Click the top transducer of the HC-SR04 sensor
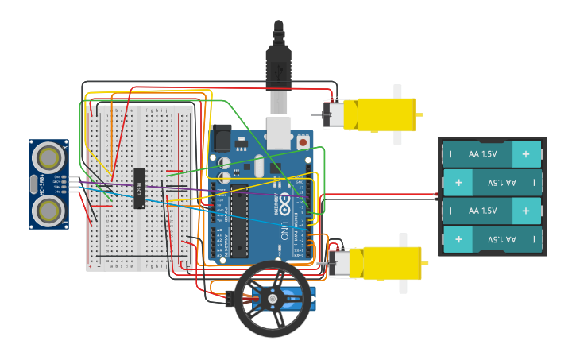(49, 157)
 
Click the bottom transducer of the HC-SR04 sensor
(49, 209)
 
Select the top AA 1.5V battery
(492, 154)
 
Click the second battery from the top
(492, 183)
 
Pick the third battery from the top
(492, 211)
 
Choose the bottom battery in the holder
(492, 239)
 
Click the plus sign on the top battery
(525, 154)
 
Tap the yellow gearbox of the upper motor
(387, 114)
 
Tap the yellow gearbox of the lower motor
(391, 262)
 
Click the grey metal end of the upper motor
(332, 114)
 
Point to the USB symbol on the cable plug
(278, 71)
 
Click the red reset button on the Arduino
(303, 142)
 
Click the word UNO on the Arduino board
(284, 231)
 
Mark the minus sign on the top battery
(450, 154)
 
